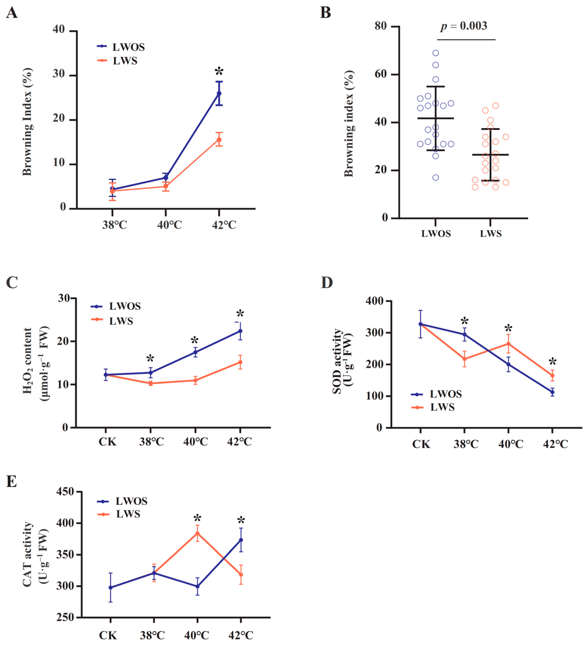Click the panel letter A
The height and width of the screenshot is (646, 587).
pyautogui.click(x=12, y=13)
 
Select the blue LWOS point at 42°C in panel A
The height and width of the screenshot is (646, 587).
pyautogui.click(x=219, y=93)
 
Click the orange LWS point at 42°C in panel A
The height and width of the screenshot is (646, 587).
pyautogui.click(x=219, y=140)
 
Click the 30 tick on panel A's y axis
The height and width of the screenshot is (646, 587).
pyautogui.click(x=59, y=74)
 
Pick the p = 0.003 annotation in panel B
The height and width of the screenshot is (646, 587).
pyautogui.click(x=464, y=26)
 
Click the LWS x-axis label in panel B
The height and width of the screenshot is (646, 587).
pyautogui.click(x=491, y=234)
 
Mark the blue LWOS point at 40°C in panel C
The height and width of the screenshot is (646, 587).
pyautogui.click(x=195, y=352)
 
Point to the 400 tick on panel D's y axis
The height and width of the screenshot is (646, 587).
pyautogui.click(x=375, y=301)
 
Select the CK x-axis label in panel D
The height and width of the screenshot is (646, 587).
pyautogui.click(x=421, y=444)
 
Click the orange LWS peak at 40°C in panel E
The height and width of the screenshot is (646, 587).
pyautogui.click(x=197, y=533)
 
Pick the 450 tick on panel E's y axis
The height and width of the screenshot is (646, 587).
pyautogui.click(x=65, y=491)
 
